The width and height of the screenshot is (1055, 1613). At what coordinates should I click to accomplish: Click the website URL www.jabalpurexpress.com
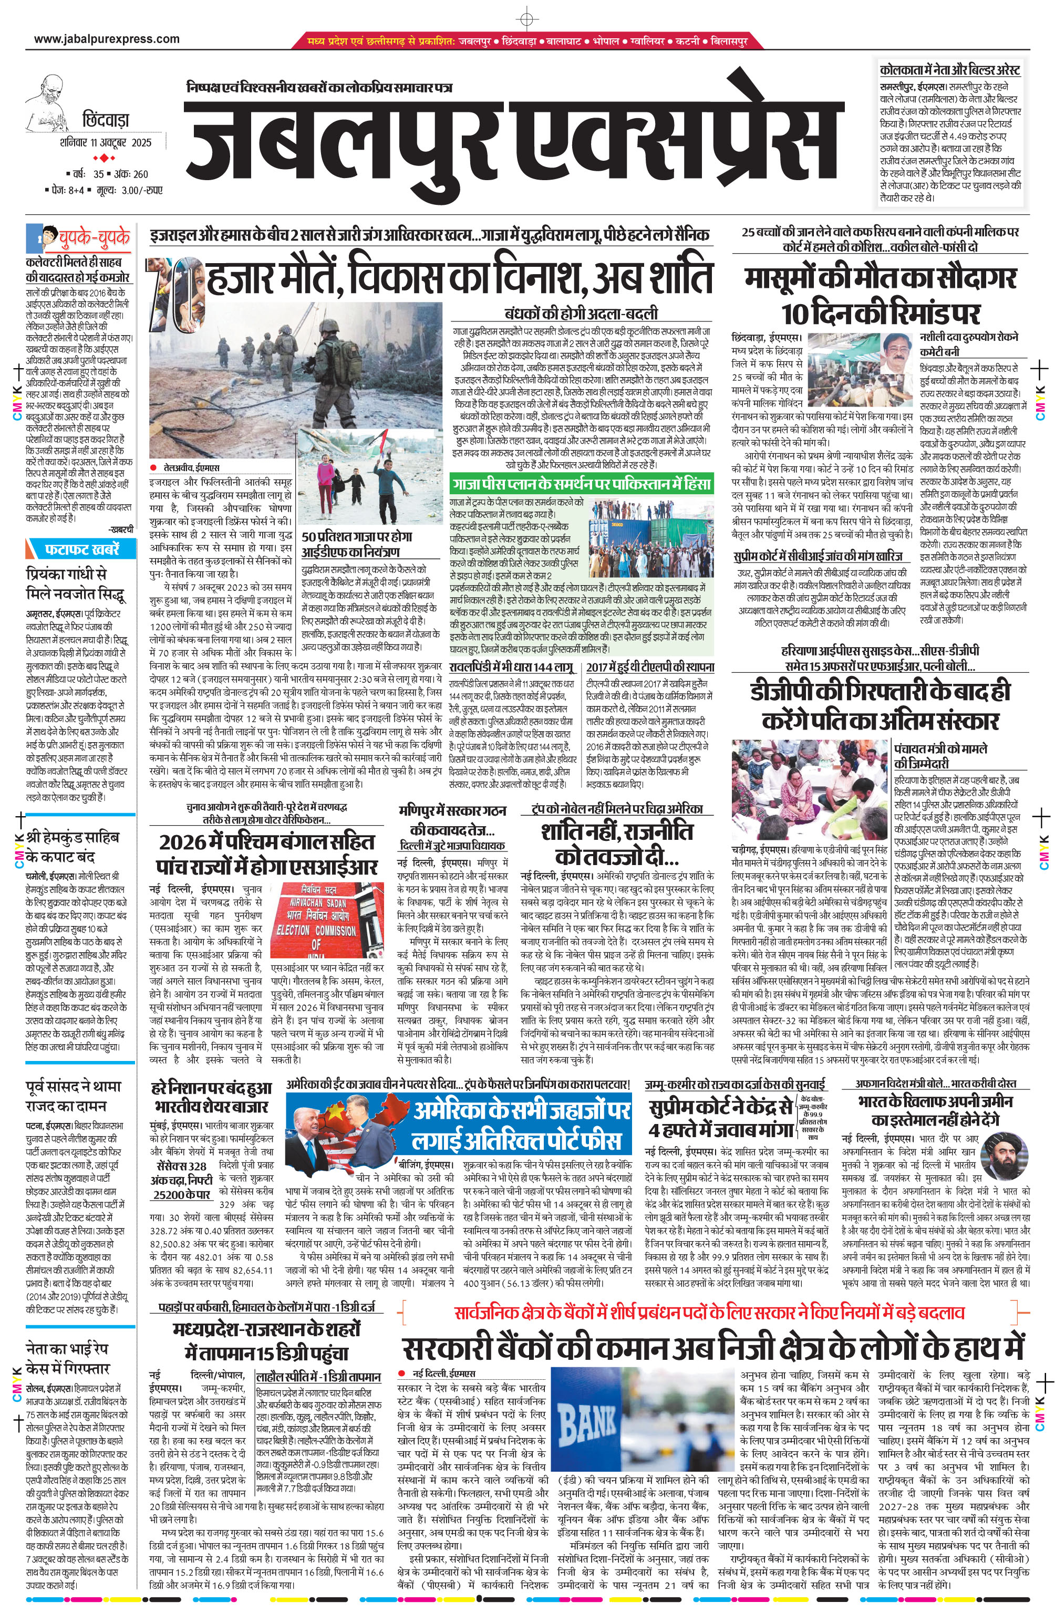pyautogui.click(x=107, y=39)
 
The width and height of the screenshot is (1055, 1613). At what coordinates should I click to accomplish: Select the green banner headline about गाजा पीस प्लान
pyautogui.click(x=581, y=483)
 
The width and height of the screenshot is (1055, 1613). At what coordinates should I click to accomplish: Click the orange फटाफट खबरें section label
pyautogui.click(x=81, y=548)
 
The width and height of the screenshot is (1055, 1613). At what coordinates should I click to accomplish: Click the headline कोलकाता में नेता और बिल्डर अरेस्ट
pyautogui.click(x=949, y=70)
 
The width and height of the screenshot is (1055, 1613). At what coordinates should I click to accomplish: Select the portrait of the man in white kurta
pyautogui.click(x=899, y=355)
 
